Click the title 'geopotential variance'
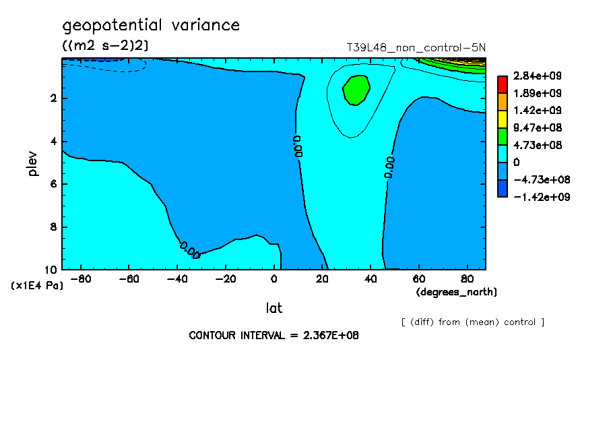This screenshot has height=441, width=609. pos(151,26)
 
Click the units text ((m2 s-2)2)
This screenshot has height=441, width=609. pos(105,45)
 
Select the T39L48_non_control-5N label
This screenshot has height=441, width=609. pos(416,48)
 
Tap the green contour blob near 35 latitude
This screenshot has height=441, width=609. pos(356,90)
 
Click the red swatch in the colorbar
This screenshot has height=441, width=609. pos(502,84)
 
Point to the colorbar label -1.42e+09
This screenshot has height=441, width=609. pos(536,198)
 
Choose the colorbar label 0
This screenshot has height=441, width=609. pos(517,163)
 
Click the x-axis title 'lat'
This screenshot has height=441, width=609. pos(274,308)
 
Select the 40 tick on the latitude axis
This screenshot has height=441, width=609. pos(371,279)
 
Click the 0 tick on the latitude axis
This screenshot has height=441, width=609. pos(274,279)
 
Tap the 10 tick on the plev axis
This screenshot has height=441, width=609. pos(51,270)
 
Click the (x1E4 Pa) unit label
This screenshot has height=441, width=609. pos(37,286)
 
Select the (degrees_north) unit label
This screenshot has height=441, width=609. pos(457,292)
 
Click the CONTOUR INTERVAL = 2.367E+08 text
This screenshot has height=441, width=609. pos(274,335)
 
